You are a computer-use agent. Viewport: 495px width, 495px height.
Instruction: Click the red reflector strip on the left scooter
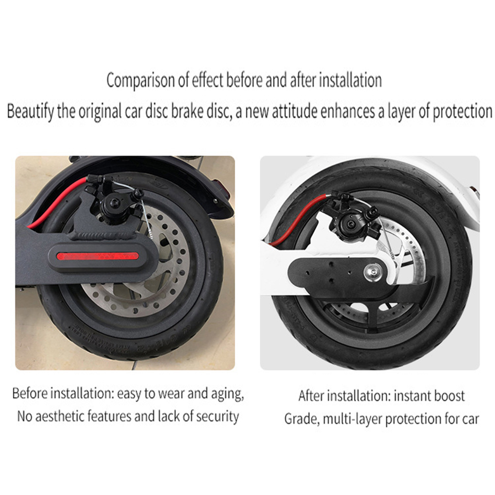(x=97, y=256)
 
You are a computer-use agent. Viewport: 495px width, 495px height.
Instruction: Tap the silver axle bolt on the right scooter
(x=372, y=273)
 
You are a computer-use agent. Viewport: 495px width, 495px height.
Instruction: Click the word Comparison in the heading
(x=141, y=81)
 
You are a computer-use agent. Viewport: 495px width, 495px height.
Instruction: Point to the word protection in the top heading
(x=462, y=112)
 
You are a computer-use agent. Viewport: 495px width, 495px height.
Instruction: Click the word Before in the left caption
(x=30, y=394)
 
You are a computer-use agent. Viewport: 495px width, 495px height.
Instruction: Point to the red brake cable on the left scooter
(x=58, y=202)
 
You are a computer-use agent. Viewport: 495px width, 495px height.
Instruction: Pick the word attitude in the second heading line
(x=295, y=112)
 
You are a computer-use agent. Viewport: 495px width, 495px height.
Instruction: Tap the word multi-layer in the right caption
(x=348, y=419)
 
